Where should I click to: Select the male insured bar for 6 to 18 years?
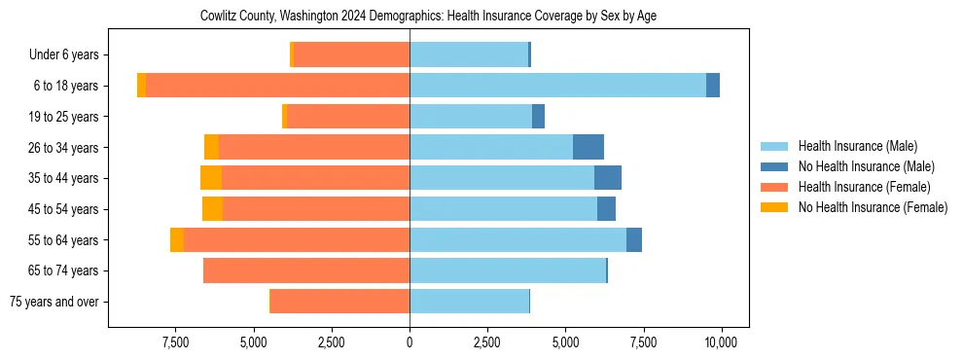tap(557, 86)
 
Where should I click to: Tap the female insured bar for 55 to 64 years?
tap(297, 240)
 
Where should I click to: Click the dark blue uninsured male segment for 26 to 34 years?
tap(588, 147)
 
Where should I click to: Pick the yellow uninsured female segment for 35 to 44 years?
tap(211, 178)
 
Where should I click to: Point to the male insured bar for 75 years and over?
tap(469, 302)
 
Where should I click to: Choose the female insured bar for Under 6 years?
tap(351, 54)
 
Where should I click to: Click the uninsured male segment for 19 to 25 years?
tap(538, 117)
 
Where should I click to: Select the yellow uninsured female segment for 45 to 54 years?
tap(212, 209)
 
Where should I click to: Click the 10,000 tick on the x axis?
tap(721, 342)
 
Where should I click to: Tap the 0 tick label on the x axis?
tap(410, 342)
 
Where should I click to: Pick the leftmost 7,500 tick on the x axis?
tap(175, 342)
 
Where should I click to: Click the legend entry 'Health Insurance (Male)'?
tap(857, 146)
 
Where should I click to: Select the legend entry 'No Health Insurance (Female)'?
tap(873, 207)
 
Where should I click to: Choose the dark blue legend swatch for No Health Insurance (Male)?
tap(775, 166)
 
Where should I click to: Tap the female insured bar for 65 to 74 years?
tap(306, 270)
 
